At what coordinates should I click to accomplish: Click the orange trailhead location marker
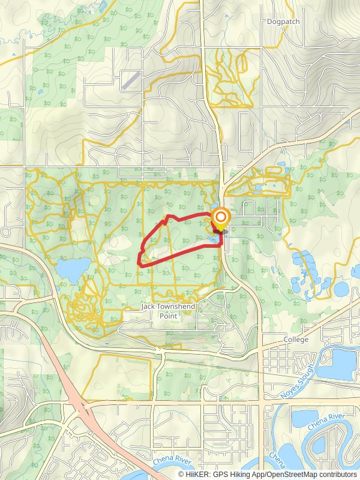point(221,217)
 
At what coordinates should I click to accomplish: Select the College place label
point(296,340)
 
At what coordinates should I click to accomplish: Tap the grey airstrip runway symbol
point(132,80)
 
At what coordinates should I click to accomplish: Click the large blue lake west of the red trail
point(73,270)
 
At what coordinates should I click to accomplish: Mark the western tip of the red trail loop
point(139,262)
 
